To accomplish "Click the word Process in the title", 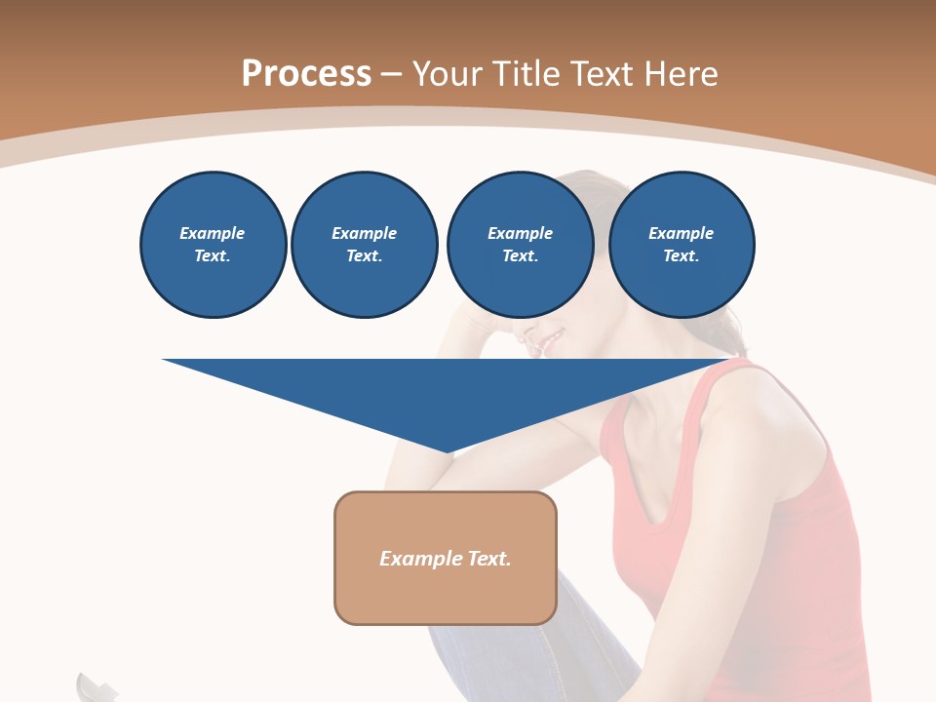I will [306, 73].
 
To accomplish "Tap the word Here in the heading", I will [682, 73].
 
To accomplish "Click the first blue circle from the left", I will [213, 245].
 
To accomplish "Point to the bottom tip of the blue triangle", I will [447, 450].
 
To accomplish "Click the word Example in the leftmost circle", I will [213, 233].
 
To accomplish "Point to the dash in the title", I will [391, 73].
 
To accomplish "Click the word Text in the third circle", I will [519, 255].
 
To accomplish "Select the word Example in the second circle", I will [364, 233].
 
